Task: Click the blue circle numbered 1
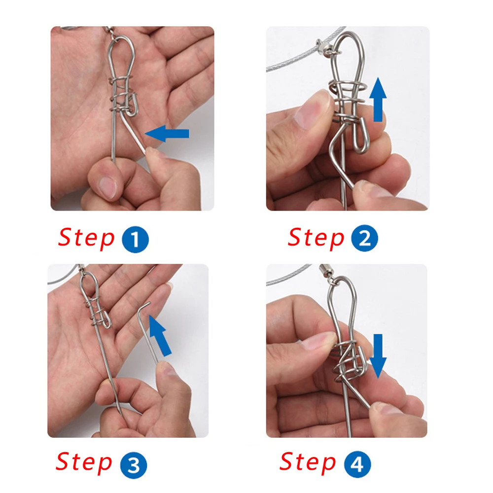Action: click(135, 239)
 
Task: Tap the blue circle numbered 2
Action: click(364, 238)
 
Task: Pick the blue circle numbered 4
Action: click(357, 464)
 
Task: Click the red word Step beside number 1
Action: click(86, 238)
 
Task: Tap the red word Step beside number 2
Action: click(316, 238)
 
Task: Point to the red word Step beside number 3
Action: click(84, 463)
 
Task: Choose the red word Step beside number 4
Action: click(308, 463)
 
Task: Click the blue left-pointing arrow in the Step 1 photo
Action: click(167, 134)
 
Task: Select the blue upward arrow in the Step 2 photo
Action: click(378, 100)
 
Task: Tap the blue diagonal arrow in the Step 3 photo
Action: click(160, 336)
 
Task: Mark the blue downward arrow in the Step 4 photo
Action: click(378, 356)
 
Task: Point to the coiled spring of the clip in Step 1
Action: click(122, 94)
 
